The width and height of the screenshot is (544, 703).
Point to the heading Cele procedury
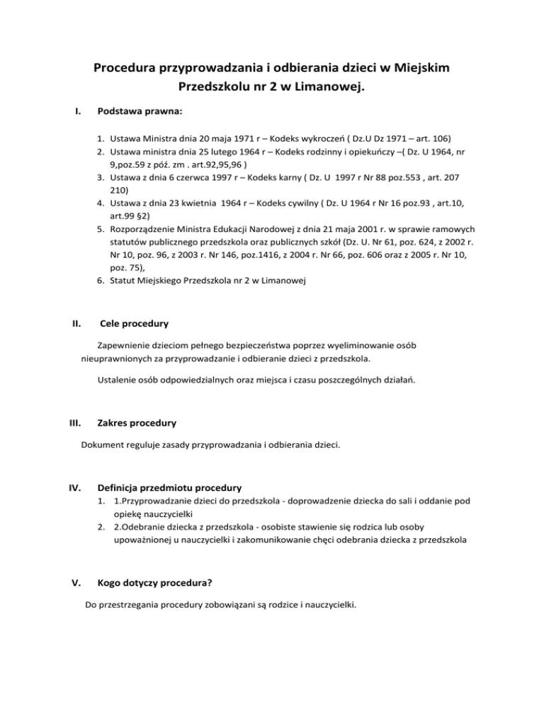pos(135,325)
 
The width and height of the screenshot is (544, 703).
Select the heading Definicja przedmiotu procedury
pos(170,487)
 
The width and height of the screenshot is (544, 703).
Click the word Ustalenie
pos(115,380)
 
